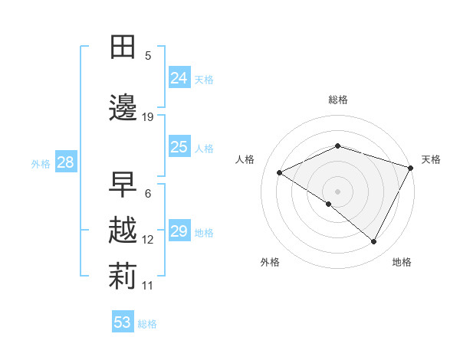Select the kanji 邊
pyautogui.click(x=123, y=107)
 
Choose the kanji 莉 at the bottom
pyautogui.click(x=123, y=277)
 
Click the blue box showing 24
pyautogui.click(x=179, y=78)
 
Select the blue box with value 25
pyautogui.click(x=179, y=147)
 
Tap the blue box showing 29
pyautogui.click(x=179, y=231)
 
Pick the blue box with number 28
pyautogui.click(x=65, y=162)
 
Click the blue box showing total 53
pyautogui.click(x=123, y=322)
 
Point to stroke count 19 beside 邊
pyautogui.click(x=148, y=117)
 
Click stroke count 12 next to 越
pyautogui.click(x=148, y=240)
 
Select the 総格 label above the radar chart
pyautogui.click(x=337, y=100)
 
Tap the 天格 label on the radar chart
pyautogui.click(x=431, y=159)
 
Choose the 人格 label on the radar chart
pyautogui.click(x=245, y=159)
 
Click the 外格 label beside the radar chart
pyautogui.click(x=270, y=262)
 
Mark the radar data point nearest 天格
pyautogui.click(x=412, y=167)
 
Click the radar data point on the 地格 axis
pyautogui.click(x=374, y=242)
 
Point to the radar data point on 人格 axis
pyautogui.click(x=280, y=173)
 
